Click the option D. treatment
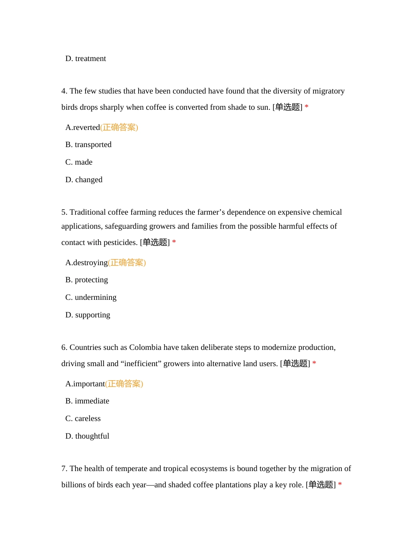86,58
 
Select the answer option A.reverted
83,127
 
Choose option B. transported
88,144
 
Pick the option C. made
79,162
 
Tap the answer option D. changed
84,180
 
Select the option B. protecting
86,280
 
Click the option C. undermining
91,297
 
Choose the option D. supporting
88,315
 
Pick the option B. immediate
87,401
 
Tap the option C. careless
83,418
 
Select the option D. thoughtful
87,436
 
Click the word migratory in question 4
328,91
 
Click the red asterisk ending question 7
340,485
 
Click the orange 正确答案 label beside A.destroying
127,263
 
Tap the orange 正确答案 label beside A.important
124,384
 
